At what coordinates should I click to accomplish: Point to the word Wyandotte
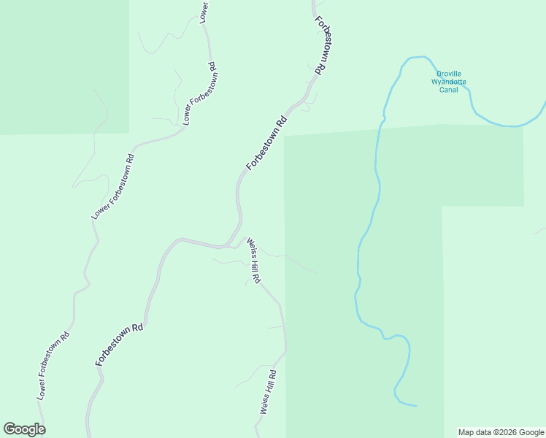point(448,82)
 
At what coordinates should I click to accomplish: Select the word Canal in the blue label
point(448,90)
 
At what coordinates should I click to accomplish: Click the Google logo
point(24,429)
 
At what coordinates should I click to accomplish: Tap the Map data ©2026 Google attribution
point(501,432)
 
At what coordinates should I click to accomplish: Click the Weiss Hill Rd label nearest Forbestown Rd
point(253,260)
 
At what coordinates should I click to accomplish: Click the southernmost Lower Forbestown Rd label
point(54,366)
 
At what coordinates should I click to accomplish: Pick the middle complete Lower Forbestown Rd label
point(113,187)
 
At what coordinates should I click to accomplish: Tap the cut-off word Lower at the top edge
point(204,10)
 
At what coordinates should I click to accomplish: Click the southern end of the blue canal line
point(416,405)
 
